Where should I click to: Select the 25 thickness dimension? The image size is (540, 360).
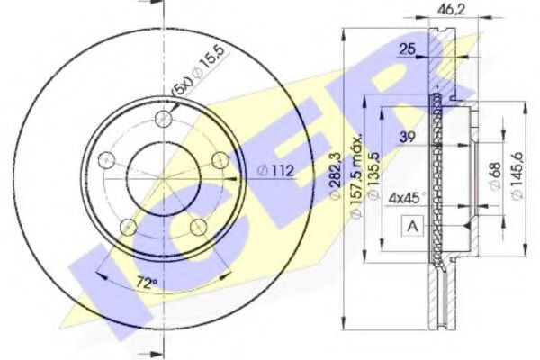coord(407,49)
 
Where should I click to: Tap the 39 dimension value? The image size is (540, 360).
coord(408,137)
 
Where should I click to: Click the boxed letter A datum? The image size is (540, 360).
coord(412,226)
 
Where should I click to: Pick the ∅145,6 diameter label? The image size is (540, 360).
coord(517,175)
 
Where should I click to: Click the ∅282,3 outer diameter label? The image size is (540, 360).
coord(336,176)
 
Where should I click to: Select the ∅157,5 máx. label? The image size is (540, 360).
coord(355,175)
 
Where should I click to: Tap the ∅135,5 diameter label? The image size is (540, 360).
coord(373,175)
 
